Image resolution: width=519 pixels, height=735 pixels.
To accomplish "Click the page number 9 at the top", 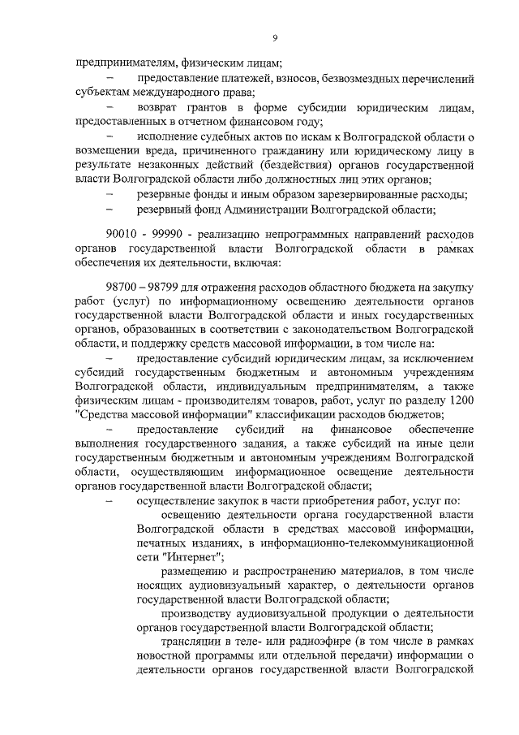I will (x=275, y=39).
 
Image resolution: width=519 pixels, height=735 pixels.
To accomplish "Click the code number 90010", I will (x=123, y=234).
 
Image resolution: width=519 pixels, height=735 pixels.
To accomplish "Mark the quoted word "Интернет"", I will (x=191, y=557).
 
